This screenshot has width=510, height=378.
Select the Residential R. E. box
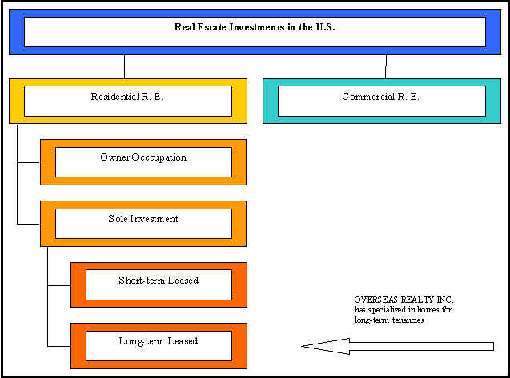coord(127,100)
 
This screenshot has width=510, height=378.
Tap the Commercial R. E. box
coord(380,100)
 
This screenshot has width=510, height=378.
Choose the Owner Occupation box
coord(143,161)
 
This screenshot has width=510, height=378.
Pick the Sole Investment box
coord(143,223)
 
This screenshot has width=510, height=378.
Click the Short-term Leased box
coord(159,284)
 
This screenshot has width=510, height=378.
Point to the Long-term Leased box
coord(159,345)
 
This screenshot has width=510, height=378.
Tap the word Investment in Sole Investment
coord(155,219)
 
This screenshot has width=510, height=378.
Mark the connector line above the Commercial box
coord(386,66)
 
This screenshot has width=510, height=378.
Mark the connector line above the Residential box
coord(125,66)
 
